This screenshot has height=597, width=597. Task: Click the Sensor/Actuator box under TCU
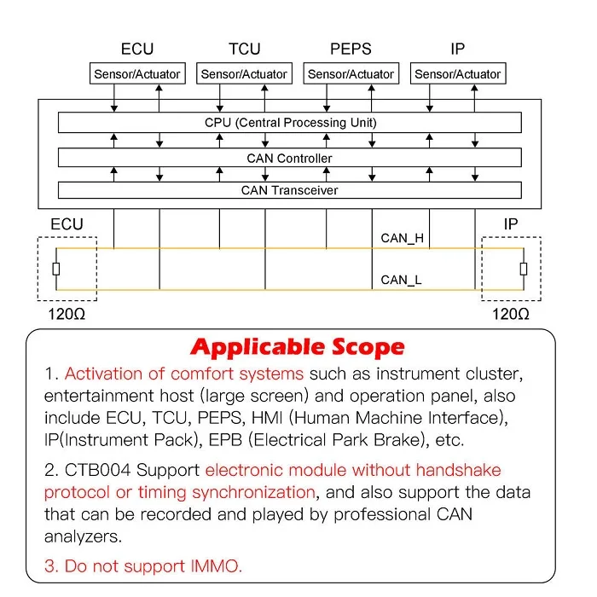pyautogui.click(x=244, y=73)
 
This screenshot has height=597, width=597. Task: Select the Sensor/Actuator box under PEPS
pyautogui.click(x=351, y=73)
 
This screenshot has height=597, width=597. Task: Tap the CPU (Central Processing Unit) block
pyautogui.click(x=290, y=123)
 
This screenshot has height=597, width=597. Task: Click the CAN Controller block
pyautogui.click(x=290, y=158)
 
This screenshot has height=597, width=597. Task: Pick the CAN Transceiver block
pyautogui.click(x=290, y=190)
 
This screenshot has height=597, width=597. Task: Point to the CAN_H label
pyautogui.click(x=402, y=238)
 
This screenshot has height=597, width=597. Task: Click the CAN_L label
pyautogui.click(x=401, y=281)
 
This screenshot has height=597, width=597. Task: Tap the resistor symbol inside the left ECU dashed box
pyautogui.click(x=56, y=270)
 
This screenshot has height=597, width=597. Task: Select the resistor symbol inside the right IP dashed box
pyautogui.click(x=524, y=270)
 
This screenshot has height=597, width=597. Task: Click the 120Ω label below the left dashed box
pyautogui.click(x=67, y=315)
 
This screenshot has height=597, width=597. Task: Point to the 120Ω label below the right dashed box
pyautogui.click(x=511, y=315)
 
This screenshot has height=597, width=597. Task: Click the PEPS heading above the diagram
pyautogui.click(x=351, y=49)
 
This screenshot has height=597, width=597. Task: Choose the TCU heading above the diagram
pyautogui.click(x=245, y=49)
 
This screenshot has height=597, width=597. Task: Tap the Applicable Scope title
pyautogui.click(x=298, y=347)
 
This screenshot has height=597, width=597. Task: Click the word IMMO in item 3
pyautogui.click(x=217, y=566)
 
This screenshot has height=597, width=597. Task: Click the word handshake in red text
pyautogui.click(x=459, y=470)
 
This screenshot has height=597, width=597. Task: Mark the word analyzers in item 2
pyautogui.click(x=83, y=537)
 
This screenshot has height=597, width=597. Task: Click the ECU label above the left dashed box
pyautogui.click(x=67, y=224)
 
